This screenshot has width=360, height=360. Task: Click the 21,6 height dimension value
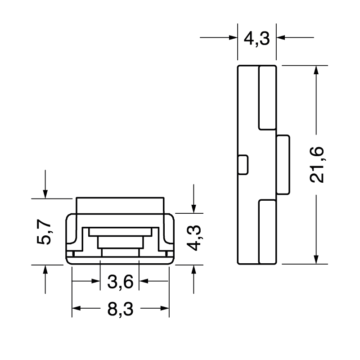pos(318,165)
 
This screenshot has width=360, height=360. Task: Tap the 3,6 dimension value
pos(121,282)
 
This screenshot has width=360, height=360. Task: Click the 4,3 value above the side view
pos(256,39)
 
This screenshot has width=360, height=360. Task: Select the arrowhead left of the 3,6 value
pos(95,281)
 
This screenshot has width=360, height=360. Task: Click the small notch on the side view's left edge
pos(243,165)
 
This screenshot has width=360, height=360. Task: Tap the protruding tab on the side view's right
pos(283,165)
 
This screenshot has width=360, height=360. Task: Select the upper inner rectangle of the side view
pos(267,97)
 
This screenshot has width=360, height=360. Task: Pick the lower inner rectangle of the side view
pos(267,232)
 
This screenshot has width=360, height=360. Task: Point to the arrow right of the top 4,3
pos(282,38)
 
